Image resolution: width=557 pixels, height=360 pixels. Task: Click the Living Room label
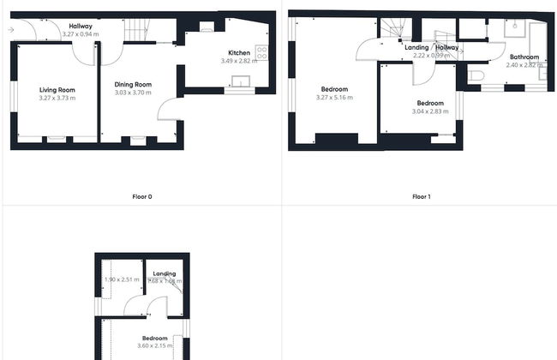coord(57,89)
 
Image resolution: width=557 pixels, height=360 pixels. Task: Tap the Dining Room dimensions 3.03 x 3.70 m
coord(133,93)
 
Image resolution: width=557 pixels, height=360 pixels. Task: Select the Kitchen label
coord(239,53)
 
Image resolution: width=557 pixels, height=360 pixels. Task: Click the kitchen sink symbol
coord(241,81)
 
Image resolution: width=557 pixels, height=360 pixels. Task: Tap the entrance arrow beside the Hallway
coord(10,30)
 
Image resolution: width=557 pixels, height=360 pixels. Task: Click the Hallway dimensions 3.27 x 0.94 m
coord(81,34)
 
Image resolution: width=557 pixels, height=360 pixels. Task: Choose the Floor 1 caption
coord(421,196)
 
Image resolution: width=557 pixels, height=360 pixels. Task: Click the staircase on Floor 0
coord(137,32)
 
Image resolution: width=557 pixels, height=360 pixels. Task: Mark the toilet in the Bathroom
coord(476,76)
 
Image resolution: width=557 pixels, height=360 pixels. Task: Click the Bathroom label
coord(524,57)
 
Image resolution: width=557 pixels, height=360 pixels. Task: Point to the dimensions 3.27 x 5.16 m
coord(334,98)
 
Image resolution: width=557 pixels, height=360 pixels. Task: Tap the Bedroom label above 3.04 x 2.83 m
coord(429,103)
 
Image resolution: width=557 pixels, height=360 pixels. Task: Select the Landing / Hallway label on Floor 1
coord(432,47)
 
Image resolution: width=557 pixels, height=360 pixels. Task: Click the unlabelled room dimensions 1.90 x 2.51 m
coord(120,279)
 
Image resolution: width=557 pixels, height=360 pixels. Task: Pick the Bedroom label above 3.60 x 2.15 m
coord(154,338)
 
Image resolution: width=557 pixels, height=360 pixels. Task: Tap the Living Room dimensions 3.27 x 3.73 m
coord(57,98)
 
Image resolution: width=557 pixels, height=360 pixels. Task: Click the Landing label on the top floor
coord(164,273)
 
